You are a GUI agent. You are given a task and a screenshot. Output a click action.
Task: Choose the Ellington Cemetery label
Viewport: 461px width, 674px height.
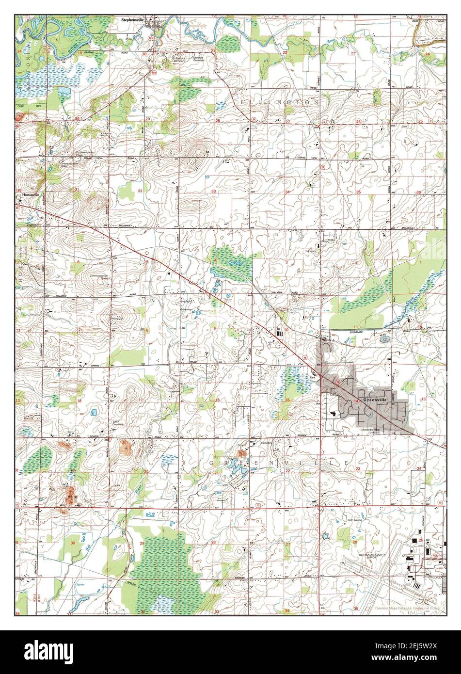coord(200,59)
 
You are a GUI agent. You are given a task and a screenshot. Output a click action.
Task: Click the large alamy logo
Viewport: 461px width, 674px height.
coord(44,650)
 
